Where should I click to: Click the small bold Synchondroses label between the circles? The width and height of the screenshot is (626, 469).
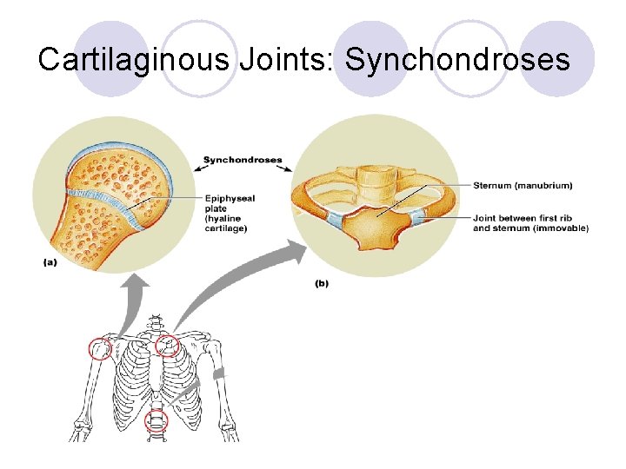[x=243, y=160]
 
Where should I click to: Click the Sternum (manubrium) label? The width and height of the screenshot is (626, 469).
[x=523, y=185]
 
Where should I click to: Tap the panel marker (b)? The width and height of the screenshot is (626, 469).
[x=321, y=283]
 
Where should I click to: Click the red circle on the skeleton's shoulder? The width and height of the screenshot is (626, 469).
[x=100, y=349]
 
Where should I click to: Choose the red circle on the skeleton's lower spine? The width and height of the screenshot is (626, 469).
[x=156, y=422]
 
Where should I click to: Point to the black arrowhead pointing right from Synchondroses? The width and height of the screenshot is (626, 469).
[x=290, y=169]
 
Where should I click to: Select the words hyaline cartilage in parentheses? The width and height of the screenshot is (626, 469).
[x=227, y=223]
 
